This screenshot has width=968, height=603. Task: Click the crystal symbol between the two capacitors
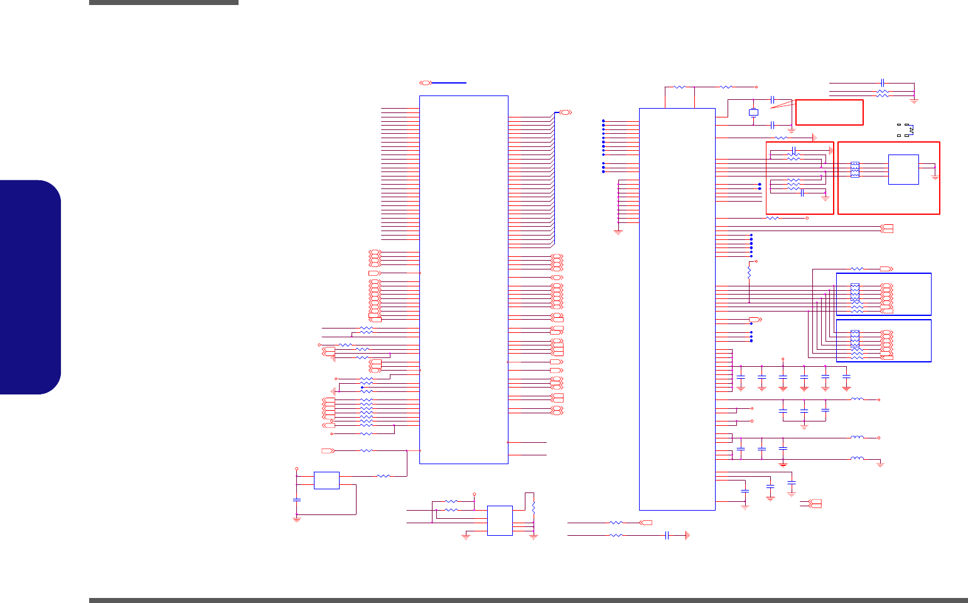point(753,112)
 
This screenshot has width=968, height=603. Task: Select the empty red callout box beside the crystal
point(829,112)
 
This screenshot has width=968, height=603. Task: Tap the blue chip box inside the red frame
point(903,170)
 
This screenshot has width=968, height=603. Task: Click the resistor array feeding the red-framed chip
point(854,170)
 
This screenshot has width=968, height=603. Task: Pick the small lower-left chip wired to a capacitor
point(326,481)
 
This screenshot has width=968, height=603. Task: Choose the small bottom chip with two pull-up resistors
point(500,521)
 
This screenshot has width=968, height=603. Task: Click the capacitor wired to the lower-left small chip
point(297,499)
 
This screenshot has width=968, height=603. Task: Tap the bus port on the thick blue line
point(425,82)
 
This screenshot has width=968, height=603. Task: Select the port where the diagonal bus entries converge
point(565,112)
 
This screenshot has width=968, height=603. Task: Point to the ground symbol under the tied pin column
point(618,232)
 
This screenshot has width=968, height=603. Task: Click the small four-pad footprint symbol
point(905,129)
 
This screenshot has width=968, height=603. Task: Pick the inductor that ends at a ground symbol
point(857,459)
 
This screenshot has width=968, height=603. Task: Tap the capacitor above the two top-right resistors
point(883,82)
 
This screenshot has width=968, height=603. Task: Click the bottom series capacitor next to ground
point(667,535)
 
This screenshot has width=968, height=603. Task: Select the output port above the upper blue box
point(886,269)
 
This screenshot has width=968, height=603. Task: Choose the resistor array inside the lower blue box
point(854,339)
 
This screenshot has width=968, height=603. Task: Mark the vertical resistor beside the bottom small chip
point(534,506)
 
